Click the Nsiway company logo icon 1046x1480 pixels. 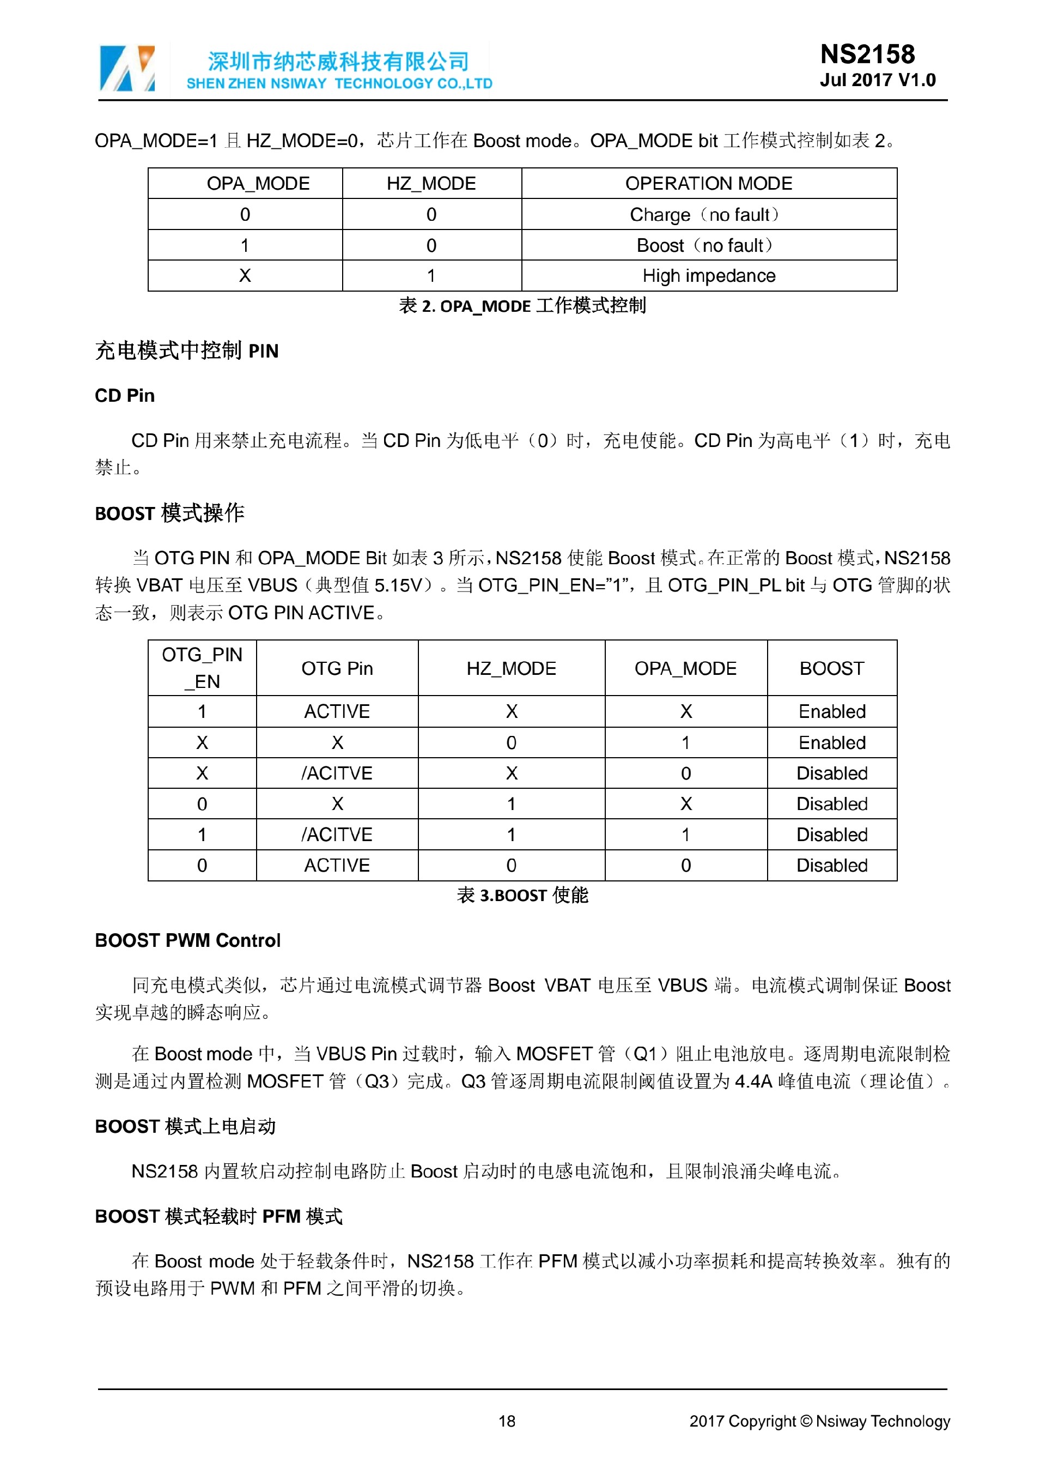pos(127,69)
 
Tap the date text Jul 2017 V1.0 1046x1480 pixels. pos(877,81)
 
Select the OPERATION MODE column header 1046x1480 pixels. pos(708,184)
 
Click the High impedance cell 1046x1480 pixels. pos(708,276)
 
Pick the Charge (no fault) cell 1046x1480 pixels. pos(704,215)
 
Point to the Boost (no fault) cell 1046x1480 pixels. pos(704,246)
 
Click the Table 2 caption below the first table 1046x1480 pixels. pos(522,306)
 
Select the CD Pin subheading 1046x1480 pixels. pos(125,396)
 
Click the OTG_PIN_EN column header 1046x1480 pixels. pos(202,668)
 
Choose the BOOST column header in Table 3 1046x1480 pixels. pos(831,668)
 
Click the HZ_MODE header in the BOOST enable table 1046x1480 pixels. pos(512,668)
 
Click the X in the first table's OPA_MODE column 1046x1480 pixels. pos(245,276)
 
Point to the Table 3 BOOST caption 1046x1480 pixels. pos(522,895)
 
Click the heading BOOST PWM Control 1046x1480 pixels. pos(187,940)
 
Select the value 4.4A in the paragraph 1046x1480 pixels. pos(753,1081)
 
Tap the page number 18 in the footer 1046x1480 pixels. pos(507,1421)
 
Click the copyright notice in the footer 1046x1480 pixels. pos(819,1421)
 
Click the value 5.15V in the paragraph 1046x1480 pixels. pos(398,585)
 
